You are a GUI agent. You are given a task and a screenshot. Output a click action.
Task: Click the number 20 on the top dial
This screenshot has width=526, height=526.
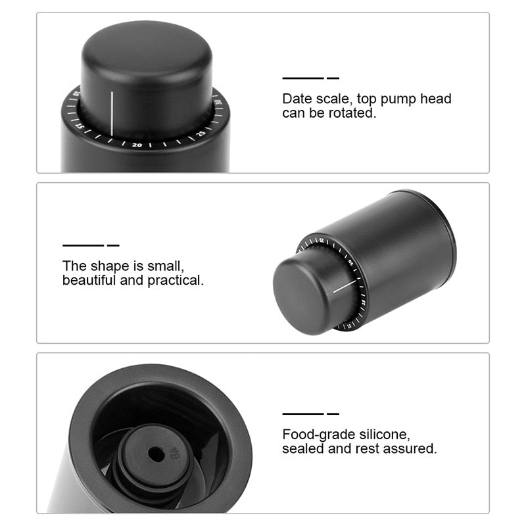pyautogui.click(x=137, y=144)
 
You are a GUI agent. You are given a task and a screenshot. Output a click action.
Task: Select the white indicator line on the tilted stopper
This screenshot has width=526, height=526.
pyautogui.click(x=347, y=287)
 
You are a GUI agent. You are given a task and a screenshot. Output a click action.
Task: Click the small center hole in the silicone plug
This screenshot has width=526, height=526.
pyautogui.click(x=155, y=454)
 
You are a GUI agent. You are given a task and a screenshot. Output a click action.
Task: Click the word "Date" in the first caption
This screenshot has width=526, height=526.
pyautogui.click(x=297, y=99)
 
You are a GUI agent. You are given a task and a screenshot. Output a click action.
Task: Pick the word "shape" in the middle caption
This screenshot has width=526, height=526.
pyautogui.click(x=105, y=266)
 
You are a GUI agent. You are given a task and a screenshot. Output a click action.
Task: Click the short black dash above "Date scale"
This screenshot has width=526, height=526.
pyautogui.click(x=333, y=78)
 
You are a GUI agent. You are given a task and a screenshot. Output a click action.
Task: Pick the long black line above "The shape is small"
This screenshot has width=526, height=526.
pyautogui.click(x=83, y=245)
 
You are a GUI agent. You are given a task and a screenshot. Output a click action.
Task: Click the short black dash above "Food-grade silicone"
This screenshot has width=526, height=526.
pyautogui.click(x=333, y=414)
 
